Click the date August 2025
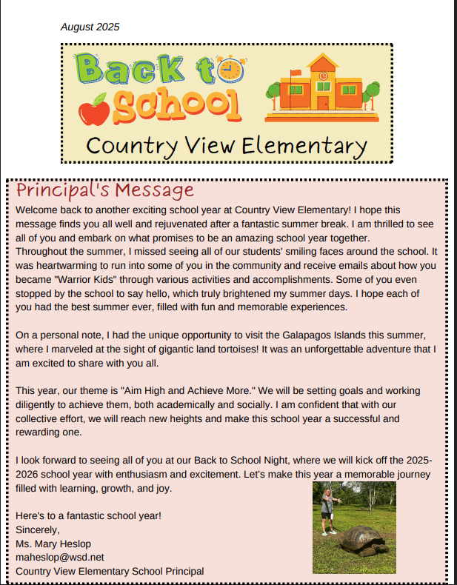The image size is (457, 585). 90,27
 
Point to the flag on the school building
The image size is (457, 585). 296,73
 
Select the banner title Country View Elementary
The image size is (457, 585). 226,144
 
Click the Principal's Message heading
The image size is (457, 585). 104,191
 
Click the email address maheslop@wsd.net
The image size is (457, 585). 59,556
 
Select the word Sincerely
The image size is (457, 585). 36,529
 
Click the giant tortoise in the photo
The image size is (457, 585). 362,538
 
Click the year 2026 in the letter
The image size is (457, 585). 29,475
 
